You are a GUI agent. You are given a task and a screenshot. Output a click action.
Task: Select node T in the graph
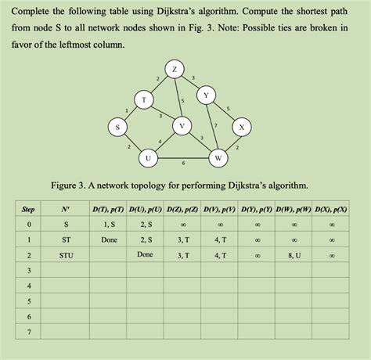(x=143, y=99)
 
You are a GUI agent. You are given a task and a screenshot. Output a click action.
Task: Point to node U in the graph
(x=147, y=157)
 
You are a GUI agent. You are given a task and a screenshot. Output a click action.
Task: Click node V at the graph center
(x=182, y=125)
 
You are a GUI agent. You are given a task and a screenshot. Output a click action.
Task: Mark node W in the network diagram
(x=218, y=158)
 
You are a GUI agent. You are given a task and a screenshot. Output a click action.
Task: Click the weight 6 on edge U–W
(x=183, y=163)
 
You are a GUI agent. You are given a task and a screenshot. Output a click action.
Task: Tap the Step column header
(x=28, y=209)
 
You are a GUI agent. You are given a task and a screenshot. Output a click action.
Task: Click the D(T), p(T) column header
(x=109, y=209)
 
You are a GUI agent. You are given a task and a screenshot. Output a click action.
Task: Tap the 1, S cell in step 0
(x=109, y=225)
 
